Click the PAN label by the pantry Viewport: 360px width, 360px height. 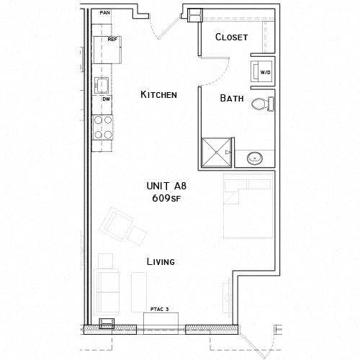(105, 13)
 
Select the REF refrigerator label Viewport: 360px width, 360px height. (112, 40)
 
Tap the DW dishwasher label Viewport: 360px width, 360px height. (105, 99)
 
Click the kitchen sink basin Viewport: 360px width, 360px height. (102, 84)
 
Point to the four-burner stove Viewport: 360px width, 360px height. (103, 127)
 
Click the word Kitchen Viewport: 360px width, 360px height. (158, 94)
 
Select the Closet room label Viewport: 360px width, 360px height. (231, 37)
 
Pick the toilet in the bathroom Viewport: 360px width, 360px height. (264, 105)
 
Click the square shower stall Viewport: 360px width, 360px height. (217, 150)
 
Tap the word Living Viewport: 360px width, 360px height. (161, 261)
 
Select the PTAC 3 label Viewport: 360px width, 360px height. (159, 310)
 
